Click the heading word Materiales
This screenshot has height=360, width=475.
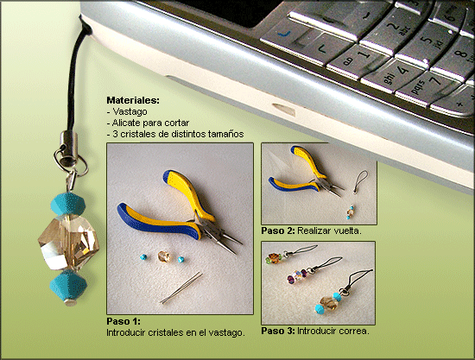point(133,100)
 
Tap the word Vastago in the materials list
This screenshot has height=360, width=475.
point(130,111)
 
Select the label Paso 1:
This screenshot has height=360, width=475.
point(123,321)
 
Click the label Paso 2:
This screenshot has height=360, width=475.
point(278,231)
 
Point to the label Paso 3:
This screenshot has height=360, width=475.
point(278,331)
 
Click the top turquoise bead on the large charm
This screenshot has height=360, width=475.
point(67,203)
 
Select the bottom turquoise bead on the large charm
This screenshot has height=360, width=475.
point(68,285)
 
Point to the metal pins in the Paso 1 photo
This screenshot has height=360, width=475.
point(181,287)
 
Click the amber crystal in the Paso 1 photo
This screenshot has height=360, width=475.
point(163,256)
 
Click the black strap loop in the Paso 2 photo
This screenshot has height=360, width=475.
point(361,181)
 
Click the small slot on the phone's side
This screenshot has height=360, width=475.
point(284,110)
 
